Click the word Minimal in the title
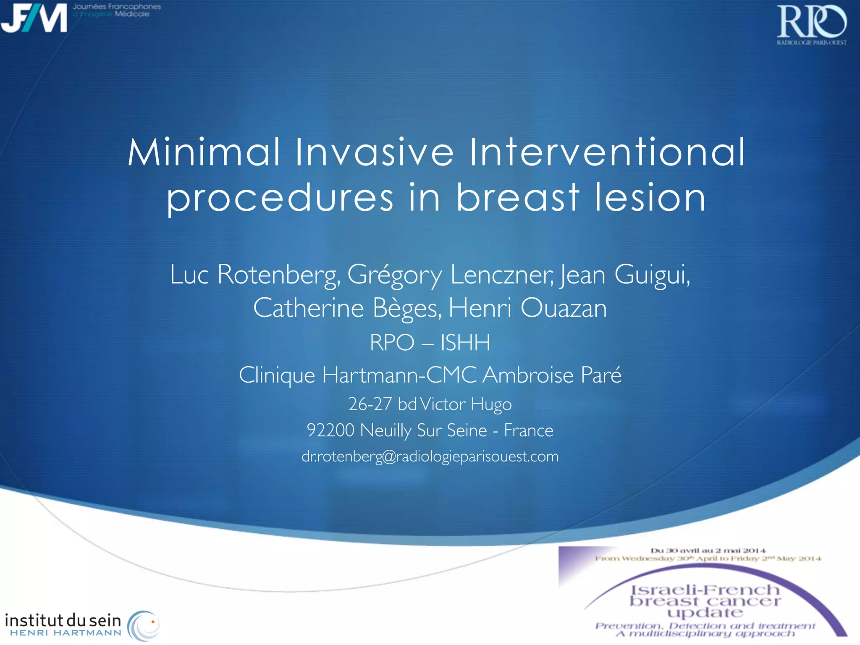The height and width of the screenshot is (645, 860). pyautogui.click(x=204, y=152)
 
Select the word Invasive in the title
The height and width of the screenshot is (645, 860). pyautogui.click(x=375, y=152)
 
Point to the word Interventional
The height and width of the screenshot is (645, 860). pyautogui.click(x=607, y=152)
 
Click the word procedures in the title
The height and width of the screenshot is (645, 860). pyautogui.click(x=280, y=198)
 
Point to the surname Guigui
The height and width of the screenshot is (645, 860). pyautogui.click(x=652, y=275)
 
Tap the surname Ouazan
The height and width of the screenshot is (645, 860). pyautogui.click(x=564, y=308)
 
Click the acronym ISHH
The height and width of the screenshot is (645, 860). pyautogui.click(x=465, y=343)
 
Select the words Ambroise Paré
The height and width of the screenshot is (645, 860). pyautogui.click(x=552, y=375)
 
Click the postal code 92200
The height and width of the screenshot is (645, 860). pyautogui.click(x=330, y=430)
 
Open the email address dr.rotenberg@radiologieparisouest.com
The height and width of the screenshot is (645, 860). pyautogui.click(x=430, y=456)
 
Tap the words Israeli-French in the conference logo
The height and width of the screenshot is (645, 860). pyautogui.click(x=705, y=590)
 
